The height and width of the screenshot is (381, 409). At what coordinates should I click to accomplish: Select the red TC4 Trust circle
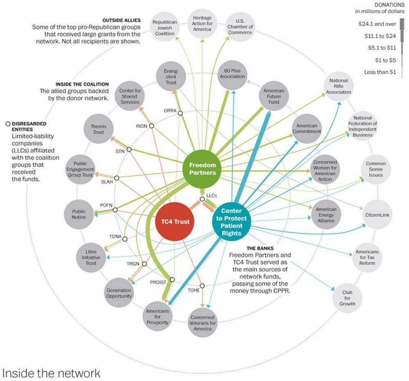[175, 222]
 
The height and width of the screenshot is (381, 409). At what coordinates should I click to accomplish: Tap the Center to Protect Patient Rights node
[231, 222]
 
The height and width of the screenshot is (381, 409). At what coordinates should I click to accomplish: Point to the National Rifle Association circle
[338, 86]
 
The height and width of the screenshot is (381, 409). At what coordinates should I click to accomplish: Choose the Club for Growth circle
[347, 298]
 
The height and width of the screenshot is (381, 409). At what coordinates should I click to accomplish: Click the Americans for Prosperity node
[157, 316]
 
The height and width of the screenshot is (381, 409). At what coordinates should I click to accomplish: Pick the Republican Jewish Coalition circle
[164, 28]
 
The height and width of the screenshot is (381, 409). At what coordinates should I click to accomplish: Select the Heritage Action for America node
[202, 23]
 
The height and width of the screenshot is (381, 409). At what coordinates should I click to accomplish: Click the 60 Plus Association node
[232, 74]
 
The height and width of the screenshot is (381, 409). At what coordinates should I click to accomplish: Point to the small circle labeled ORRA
[180, 113]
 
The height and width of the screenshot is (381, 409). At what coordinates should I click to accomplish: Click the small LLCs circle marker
[202, 199]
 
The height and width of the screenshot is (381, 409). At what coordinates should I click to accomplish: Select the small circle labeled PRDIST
[172, 280]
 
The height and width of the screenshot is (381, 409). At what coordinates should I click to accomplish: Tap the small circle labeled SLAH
[117, 178]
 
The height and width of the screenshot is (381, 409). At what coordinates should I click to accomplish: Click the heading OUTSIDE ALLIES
[122, 20]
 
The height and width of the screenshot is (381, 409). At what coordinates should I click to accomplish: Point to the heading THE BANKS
[260, 248]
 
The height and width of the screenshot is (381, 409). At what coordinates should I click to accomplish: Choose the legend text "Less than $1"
[380, 72]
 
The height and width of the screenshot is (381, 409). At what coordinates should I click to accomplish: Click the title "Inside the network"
[51, 373]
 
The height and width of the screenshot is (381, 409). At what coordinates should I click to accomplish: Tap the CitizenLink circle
[377, 214]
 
